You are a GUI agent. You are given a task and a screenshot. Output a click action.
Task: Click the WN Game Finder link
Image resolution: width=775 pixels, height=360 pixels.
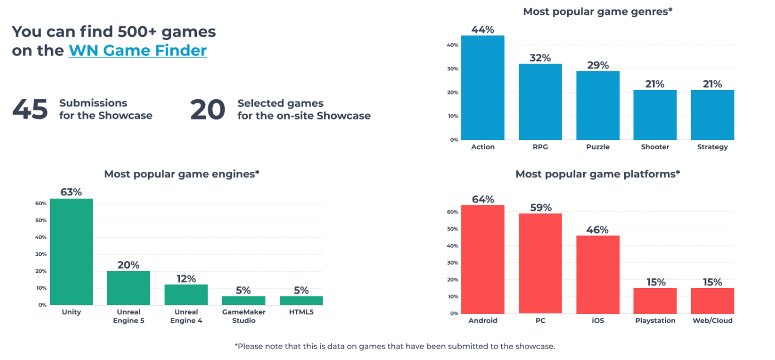138,50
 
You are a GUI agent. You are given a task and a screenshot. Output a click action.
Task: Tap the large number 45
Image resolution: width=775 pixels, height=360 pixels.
30,109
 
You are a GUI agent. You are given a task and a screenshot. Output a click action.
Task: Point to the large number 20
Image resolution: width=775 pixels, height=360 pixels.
207,109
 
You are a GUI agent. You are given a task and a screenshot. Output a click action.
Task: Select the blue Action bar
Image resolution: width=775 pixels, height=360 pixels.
483,88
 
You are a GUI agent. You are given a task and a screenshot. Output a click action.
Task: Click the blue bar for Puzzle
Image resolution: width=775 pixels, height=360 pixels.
598,105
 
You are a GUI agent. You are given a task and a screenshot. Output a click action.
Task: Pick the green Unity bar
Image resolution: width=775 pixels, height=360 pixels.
71,252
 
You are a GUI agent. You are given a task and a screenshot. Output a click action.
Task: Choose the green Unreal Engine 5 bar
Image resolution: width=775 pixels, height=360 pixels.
128,288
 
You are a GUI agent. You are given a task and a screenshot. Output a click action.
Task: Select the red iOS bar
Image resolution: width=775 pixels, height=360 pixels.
598,274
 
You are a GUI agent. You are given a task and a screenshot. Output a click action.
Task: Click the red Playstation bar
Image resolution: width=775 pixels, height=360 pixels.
655,301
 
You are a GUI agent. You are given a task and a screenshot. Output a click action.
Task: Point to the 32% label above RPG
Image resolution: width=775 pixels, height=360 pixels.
540,58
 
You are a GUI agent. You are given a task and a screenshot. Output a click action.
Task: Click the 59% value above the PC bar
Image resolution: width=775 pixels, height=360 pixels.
541,207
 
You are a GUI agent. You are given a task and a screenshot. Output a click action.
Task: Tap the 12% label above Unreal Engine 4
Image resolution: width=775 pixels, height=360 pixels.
186,279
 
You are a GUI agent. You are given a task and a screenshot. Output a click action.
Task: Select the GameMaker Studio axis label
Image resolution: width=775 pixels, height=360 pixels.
244,316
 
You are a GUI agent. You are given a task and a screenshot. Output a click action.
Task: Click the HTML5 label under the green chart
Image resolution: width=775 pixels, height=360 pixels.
301,312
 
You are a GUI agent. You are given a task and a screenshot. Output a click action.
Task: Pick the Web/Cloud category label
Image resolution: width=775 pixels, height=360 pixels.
712,320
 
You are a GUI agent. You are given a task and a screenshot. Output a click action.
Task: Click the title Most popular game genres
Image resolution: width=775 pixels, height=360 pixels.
597,12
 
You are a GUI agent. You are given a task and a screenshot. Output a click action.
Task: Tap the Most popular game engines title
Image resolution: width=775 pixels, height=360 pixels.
182,174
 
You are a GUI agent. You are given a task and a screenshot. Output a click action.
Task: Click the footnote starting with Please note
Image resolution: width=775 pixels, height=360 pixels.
395,346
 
